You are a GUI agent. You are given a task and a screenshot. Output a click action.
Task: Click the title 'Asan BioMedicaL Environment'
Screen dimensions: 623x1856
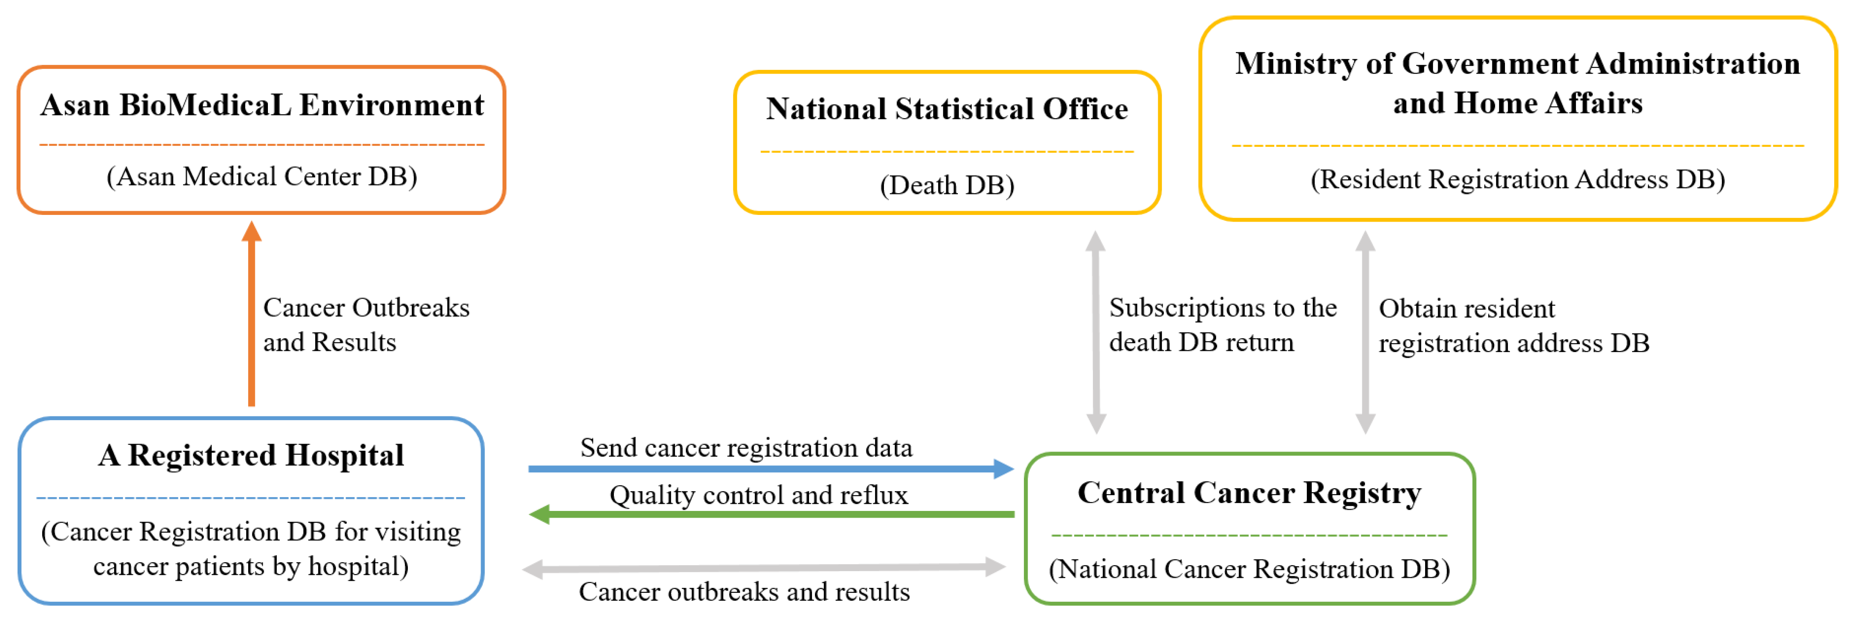[x=262, y=105]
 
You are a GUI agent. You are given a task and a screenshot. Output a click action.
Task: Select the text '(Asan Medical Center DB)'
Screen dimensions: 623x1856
[x=262, y=177]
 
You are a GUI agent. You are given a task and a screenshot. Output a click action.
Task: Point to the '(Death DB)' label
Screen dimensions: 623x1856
[x=947, y=185]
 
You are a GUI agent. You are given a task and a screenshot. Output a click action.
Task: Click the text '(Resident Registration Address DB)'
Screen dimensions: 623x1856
[x=1517, y=179]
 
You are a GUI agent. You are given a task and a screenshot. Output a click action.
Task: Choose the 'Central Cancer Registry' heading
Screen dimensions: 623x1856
[x=1249, y=493]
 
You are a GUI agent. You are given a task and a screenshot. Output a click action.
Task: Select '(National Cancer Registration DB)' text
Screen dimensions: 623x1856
[x=1249, y=569]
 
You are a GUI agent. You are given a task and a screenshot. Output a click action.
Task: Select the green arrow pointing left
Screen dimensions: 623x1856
[x=771, y=515]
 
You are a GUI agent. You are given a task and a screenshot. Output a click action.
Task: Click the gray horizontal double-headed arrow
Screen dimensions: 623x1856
[x=764, y=568]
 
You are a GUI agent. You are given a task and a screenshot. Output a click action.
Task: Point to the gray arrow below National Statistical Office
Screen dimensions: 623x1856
[x=1096, y=332]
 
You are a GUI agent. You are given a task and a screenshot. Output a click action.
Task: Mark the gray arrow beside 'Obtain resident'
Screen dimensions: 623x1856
[x=1365, y=332]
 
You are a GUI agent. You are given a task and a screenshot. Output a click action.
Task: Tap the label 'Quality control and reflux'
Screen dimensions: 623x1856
[x=759, y=495]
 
